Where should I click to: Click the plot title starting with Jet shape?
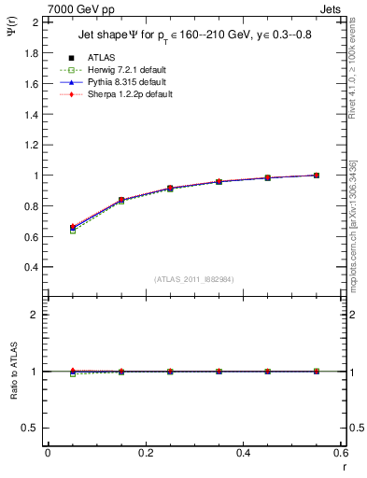click(x=191, y=36)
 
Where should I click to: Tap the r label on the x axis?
click(x=343, y=466)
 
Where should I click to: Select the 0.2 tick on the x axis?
click(x=145, y=453)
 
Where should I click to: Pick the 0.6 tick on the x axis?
click(x=340, y=453)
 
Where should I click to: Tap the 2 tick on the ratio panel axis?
click(x=34, y=315)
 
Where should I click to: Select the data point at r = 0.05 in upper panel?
click(x=73, y=228)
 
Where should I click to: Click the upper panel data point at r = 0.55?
click(x=317, y=176)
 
